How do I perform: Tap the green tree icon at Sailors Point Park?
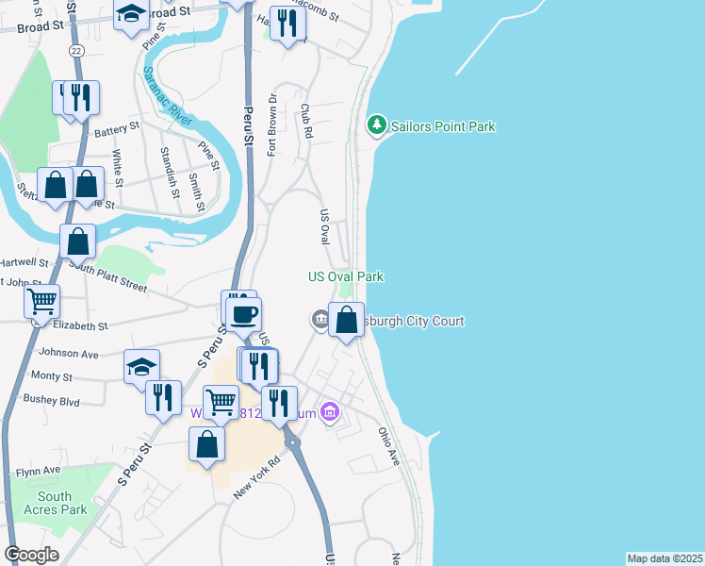pyautogui.click(x=377, y=125)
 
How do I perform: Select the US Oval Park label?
pyautogui.click(x=346, y=276)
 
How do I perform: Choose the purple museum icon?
pyautogui.click(x=329, y=412)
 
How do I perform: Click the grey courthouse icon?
pyautogui.click(x=320, y=322)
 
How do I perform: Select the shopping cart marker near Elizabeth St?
pyautogui.click(x=41, y=303)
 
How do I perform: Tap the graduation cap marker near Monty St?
pyautogui.click(x=142, y=367)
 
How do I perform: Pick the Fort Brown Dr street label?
pyautogui.click(x=271, y=124)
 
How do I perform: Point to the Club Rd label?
pyautogui.click(x=305, y=122)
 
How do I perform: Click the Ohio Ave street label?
pyautogui.click(x=389, y=445)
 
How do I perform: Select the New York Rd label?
pyautogui.click(x=257, y=477)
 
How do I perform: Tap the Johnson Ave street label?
pyautogui.click(x=69, y=354)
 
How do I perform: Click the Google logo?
pyautogui.click(x=31, y=555)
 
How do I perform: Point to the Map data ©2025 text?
pyautogui.click(x=664, y=558)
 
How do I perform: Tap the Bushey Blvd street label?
pyautogui.click(x=53, y=400)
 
